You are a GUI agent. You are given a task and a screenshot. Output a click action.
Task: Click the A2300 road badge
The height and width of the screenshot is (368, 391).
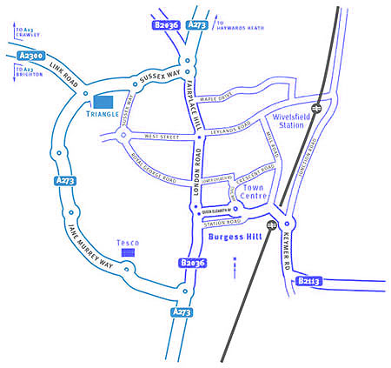[x=31, y=57]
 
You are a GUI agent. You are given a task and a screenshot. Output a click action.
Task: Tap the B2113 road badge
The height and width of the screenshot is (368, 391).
[x=309, y=281]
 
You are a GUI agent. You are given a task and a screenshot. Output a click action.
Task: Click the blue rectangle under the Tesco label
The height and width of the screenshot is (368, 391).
[x=129, y=251]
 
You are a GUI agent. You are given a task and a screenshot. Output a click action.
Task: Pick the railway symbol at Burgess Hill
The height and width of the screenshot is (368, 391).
[x=273, y=224]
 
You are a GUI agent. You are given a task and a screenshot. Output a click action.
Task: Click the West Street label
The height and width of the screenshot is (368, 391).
[x=162, y=137]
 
